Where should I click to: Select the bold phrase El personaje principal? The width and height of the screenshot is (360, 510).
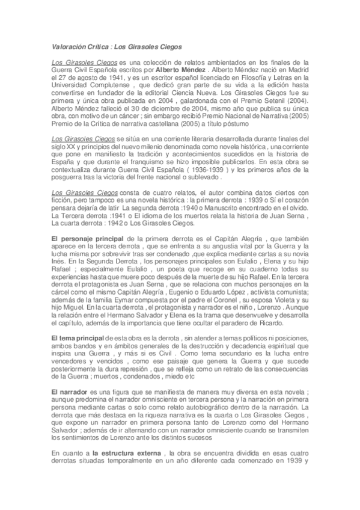pos(85,239)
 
